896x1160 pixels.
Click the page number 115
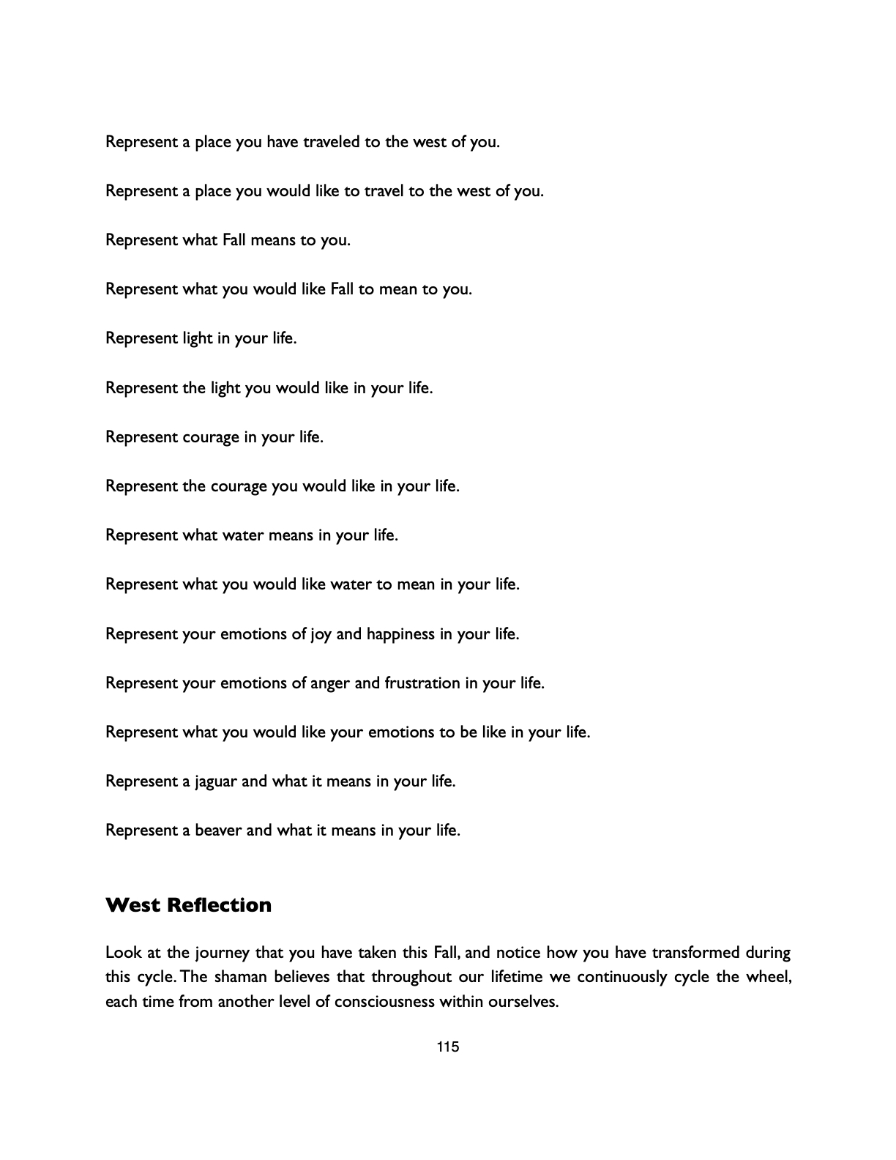(x=447, y=1046)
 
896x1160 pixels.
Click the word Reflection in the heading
(x=219, y=905)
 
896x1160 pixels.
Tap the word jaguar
(x=216, y=781)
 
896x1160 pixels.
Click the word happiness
(x=400, y=634)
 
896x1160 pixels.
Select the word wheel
(x=769, y=977)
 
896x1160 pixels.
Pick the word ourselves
(x=521, y=1001)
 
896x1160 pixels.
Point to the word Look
(x=122, y=953)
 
